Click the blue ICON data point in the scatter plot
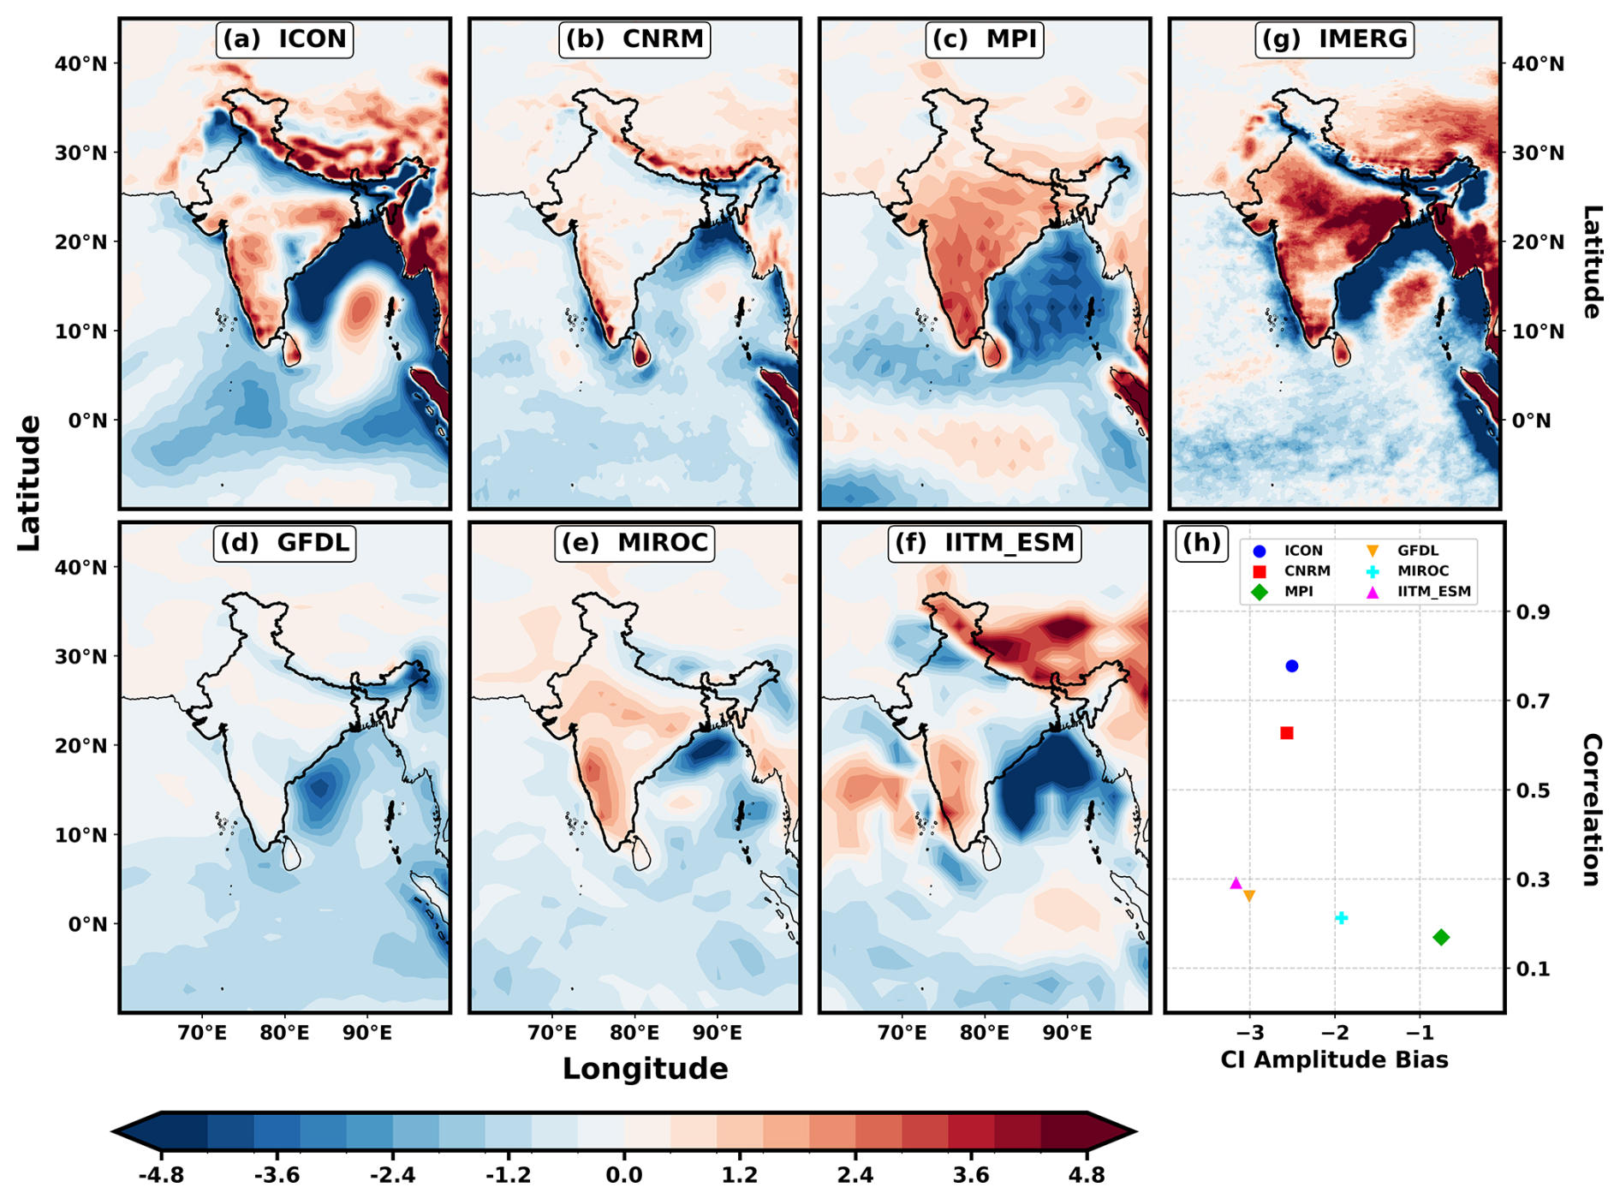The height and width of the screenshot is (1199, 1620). [x=1292, y=666]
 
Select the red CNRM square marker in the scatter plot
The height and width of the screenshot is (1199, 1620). [x=1286, y=733]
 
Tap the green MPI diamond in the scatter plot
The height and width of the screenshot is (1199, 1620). [x=1441, y=938]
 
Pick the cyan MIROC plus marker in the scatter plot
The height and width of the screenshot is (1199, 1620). [x=1342, y=918]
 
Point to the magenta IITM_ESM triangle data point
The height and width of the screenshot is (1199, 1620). [x=1236, y=883]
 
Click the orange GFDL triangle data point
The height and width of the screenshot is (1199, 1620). [x=1249, y=896]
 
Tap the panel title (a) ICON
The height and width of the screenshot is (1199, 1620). [x=284, y=39]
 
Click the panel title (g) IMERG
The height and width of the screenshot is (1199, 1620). [x=1334, y=39]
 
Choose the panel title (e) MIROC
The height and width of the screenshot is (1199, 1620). [x=634, y=542]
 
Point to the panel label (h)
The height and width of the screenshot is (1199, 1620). [x=1200, y=542]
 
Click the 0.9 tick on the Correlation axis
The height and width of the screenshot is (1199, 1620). [x=1534, y=612]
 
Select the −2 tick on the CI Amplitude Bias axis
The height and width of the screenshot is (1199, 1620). [x=1334, y=1033]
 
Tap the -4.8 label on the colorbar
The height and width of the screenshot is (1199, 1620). [x=161, y=1174]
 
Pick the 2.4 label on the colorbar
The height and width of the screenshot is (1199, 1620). [x=855, y=1174]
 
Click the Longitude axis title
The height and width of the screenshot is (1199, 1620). [x=645, y=1069]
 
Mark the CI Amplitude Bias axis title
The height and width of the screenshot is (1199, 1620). [x=1334, y=1060]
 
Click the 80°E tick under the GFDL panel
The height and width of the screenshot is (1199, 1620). [x=284, y=1033]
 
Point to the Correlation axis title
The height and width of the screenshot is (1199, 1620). [x=1591, y=810]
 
